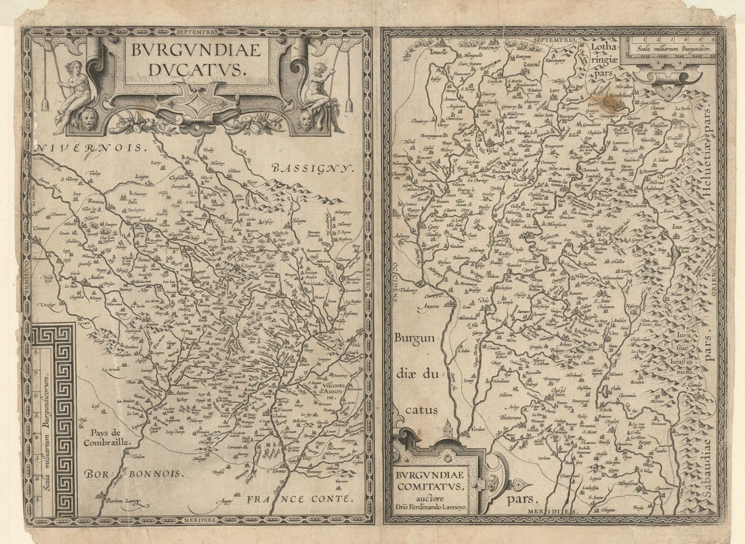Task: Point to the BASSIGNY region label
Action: (312, 167)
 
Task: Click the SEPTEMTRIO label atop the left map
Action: (196, 32)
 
